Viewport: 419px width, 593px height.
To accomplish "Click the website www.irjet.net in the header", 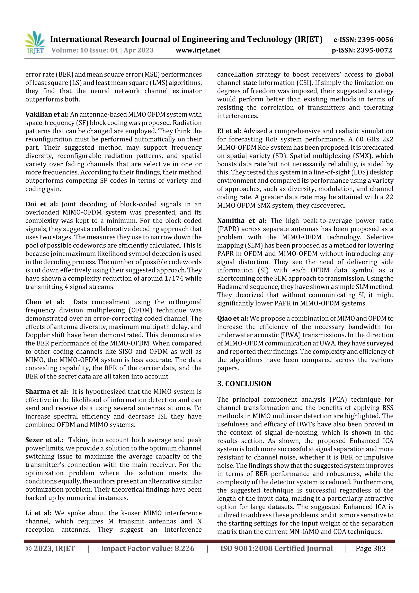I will (198, 50).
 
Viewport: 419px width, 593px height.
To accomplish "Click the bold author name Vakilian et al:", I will (47, 114).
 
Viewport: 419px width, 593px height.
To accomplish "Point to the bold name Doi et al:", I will (42, 204).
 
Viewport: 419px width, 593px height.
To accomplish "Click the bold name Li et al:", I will (38, 513).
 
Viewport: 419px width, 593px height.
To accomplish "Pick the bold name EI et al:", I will (229, 131).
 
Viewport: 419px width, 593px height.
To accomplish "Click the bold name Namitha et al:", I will (242, 221).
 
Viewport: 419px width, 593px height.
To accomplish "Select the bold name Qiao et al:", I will (232, 319).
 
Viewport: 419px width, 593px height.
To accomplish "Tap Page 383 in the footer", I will (371, 549).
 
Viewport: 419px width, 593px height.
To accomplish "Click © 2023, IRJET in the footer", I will (50, 549).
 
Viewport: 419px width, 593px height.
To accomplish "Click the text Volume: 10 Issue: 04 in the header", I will (85, 50).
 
